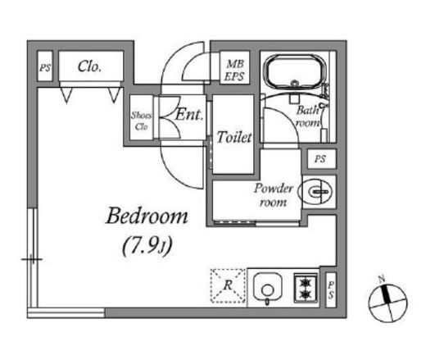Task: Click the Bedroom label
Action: click(147, 216)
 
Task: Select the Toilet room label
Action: click(234, 137)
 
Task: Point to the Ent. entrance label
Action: click(189, 114)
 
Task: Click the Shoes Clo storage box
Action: click(141, 117)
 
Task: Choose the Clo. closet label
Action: click(89, 66)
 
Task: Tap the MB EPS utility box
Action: click(234, 67)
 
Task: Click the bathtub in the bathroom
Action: click(294, 71)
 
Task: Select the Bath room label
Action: click(308, 116)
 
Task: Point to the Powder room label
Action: click(274, 195)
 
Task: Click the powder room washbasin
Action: click(315, 191)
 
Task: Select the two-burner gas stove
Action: click(306, 288)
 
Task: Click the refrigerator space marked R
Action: click(228, 286)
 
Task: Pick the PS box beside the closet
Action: click(45, 66)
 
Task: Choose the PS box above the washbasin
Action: click(321, 158)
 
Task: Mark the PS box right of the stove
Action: click(331, 289)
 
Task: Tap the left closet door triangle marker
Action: click(66, 95)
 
